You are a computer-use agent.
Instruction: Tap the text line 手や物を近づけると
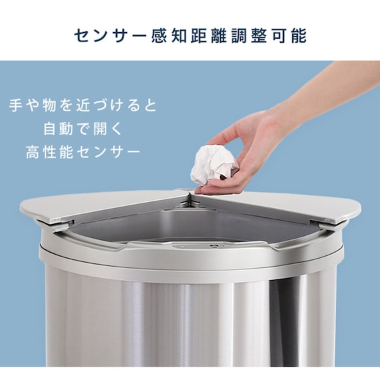pyautogui.click(x=83, y=105)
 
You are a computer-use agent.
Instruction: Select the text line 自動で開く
pyautogui.click(x=83, y=129)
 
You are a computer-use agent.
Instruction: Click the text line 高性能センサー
pyautogui.click(x=83, y=152)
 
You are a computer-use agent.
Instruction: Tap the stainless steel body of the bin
pyautogui.click(x=193, y=320)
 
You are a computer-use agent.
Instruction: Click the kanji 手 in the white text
pyautogui.click(x=17, y=105)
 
